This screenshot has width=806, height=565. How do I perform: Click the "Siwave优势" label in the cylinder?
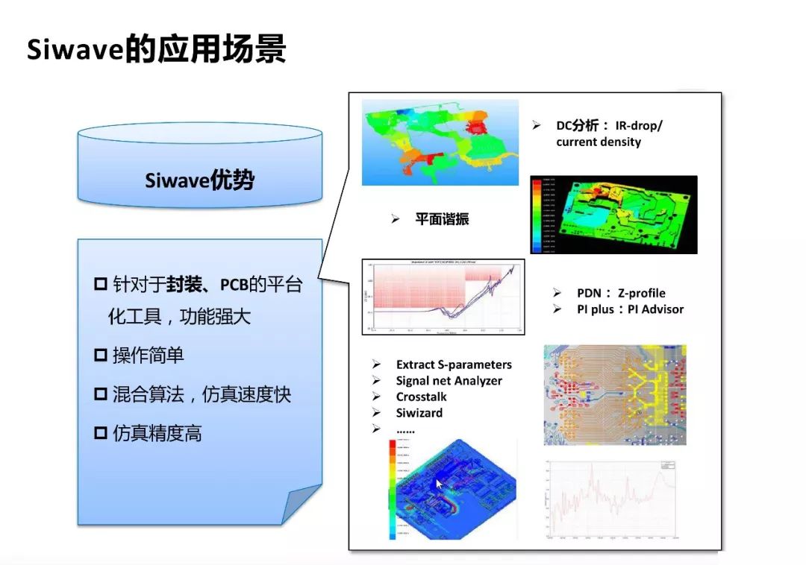[x=199, y=180]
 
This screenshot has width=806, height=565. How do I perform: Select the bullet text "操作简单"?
[x=148, y=356]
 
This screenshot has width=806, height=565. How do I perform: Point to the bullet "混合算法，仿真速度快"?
[x=201, y=394]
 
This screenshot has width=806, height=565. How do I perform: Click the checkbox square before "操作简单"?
[x=101, y=356]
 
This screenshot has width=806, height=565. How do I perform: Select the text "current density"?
[x=598, y=142]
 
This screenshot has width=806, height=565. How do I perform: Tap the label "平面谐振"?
[x=442, y=219]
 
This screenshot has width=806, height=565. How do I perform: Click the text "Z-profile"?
[x=641, y=293]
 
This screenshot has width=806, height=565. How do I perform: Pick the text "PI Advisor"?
[x=651, y=309]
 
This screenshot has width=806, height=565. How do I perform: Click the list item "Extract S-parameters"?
[x=454, y=364]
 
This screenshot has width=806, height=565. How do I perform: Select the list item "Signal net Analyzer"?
[x=449, y=381]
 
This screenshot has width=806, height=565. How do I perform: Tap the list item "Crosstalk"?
[x=421, y=397]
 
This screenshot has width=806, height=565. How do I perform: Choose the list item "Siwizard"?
[x=419, y=413]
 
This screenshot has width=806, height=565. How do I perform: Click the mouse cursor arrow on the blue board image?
[x=440, y=484]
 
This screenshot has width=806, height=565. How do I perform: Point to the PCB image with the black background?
[x=613, y=215]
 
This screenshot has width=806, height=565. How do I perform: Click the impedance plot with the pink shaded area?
[x=443, y=297]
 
